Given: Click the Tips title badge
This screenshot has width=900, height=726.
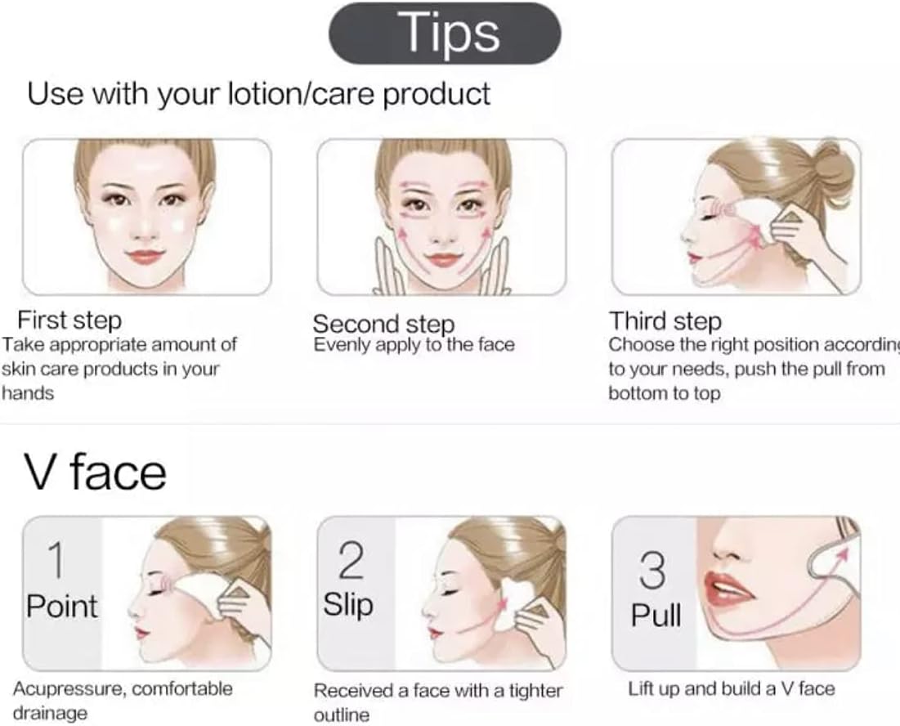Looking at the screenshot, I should point(445,34).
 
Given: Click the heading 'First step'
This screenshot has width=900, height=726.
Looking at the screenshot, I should point(69,320).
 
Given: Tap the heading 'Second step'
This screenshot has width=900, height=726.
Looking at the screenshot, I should point(383,323).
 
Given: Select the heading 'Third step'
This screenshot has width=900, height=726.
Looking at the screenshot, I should point(665,320).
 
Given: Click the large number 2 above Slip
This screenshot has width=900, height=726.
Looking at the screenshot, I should point(351,561).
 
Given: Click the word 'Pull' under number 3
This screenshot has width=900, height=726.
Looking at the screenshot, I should point(656,615).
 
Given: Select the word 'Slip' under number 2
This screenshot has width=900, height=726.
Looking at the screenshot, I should point(348,606).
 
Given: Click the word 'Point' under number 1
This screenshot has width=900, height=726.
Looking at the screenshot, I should point(61,607).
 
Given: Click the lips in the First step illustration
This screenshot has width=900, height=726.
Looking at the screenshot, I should point(146,258).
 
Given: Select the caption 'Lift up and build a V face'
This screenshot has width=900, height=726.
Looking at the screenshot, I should point(732,688).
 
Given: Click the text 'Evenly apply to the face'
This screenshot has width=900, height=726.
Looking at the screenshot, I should point(414,344).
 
